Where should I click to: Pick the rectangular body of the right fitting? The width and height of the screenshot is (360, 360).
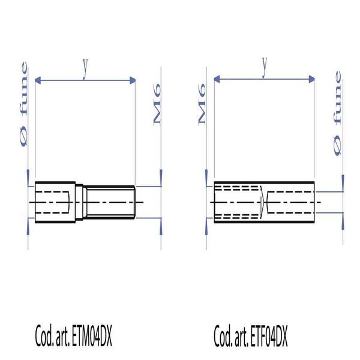pos(264,202)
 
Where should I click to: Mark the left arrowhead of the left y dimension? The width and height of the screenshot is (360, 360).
pos(38,80)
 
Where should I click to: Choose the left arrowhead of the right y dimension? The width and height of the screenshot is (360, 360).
pos(217,79)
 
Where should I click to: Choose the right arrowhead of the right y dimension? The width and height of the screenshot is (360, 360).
pos(313,79)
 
